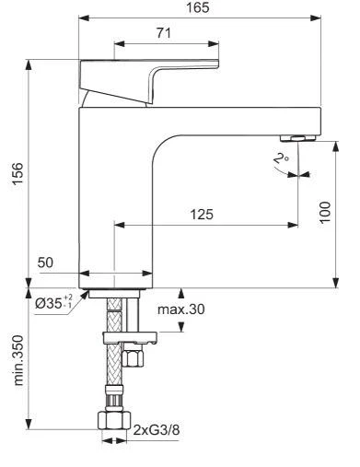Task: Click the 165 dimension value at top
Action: (x=197, y=7)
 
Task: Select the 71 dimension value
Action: (x=166, y=32)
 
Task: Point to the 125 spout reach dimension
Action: (x=203, y=215)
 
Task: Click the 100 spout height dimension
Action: (x=325, y=216)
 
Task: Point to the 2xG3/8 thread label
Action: (x=157, y=430)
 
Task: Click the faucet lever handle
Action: (x=152, y=73)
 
